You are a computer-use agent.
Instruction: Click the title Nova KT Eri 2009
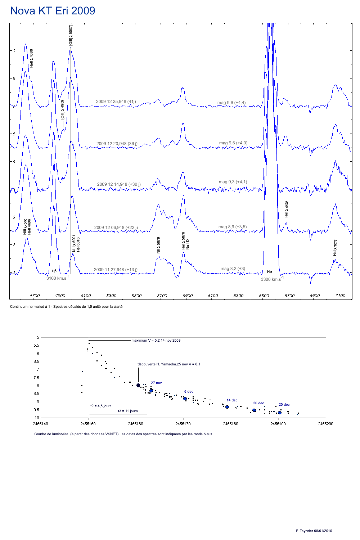coord(53,11)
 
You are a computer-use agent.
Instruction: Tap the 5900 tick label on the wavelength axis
coord(188,296)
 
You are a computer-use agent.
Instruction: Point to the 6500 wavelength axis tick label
coord(264,296)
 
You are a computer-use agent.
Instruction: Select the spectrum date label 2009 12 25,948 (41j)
coord(116,102)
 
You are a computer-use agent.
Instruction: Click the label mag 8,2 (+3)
coord(233,269)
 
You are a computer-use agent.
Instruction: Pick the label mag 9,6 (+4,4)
coord(231,103)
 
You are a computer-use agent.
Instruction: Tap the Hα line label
coord(270,272)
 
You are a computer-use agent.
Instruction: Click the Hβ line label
coord(54,271)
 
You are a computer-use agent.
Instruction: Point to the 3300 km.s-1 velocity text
coord(272,279)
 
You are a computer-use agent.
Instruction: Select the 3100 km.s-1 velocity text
coord(58,278)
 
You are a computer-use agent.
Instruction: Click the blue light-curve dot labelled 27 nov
coord(151,391)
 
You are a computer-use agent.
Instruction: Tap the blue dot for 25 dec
coord(280,413)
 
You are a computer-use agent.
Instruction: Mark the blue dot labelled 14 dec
coord(227,407)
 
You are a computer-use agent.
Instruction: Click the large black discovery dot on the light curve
coord(138,386)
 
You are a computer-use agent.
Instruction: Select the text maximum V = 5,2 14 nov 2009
coord(156,341)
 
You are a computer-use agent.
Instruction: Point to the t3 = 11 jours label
coord(128,411)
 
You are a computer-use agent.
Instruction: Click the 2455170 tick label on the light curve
coord(183,424)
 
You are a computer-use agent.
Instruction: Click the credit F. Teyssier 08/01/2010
coord(314,531)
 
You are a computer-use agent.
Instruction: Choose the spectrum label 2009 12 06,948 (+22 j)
coord(116,228)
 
